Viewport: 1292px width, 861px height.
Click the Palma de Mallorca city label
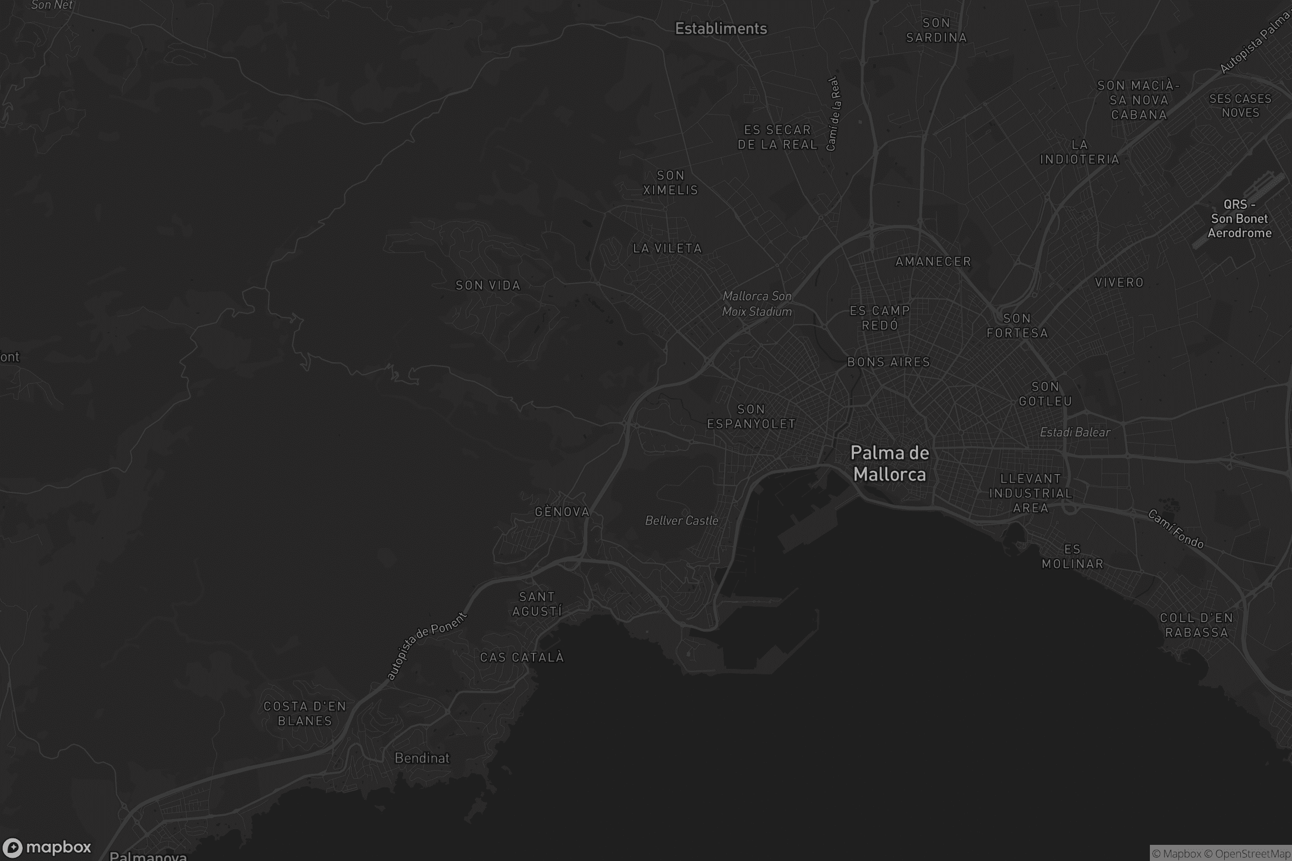click(x=889, y=463)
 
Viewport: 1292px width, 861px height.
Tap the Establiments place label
click(x=721, y=29)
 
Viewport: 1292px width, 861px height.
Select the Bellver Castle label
click(x=681, y=520)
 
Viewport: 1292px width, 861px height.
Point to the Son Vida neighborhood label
click(x=488, y=286)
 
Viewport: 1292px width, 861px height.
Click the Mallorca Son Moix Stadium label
click(x=757, y=304)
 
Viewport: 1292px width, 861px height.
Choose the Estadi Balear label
click(x=1075, y=433)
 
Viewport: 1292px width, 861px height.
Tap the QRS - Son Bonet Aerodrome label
click(x=1239, y=218)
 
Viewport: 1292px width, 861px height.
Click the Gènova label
click(x=562, y=512)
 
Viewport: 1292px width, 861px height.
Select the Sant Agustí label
click(x=537, y=604)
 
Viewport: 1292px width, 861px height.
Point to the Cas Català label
click(x=522, y=657)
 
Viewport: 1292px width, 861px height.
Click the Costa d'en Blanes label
click(x=305, y=714)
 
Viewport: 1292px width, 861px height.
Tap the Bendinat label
click(x=422, y=758)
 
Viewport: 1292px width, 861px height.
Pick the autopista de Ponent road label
click(x=426, y=646)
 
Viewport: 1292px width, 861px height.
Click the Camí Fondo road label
click(x=1176, y=530)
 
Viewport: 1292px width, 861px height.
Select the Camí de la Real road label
click(x=833, y=114)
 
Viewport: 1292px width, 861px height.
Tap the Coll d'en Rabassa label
click(x=1196, y=625)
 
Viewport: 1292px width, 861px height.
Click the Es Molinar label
click(x=1072, y=556)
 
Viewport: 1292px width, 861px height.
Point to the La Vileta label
click(x=668, y=249)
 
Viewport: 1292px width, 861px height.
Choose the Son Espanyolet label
click(x=751, y=416)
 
